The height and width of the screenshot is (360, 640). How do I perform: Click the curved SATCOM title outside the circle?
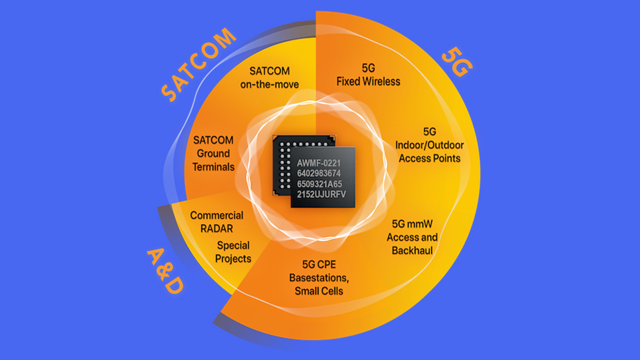tap(197, 65)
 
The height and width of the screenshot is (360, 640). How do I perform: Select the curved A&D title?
tap(165, 271)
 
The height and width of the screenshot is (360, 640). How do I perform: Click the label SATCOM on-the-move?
tap(270, 78)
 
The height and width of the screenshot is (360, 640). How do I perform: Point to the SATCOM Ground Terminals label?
tap(213, 153)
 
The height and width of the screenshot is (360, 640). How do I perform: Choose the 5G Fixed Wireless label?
tap(368, 75)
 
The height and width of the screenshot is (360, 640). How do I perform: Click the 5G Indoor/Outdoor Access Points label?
tap(430, 145)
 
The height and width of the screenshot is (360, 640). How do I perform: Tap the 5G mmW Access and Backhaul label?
tap(412, 237)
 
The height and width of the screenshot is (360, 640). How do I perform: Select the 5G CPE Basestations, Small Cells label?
tap(319, 277)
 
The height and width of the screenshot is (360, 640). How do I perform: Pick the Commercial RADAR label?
tap(217, 222)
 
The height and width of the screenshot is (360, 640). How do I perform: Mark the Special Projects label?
tap(233, 252)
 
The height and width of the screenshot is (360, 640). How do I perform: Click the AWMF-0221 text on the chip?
tap(319, 163)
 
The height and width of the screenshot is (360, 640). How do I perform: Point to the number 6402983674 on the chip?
tap(319, 173)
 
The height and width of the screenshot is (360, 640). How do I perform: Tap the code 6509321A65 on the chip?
tap(320, 184)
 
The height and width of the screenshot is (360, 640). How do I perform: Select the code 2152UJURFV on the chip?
tap(321, 194)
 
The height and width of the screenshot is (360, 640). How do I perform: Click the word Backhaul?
tap(412, 250)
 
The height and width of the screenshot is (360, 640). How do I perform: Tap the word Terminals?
tap(213, 167)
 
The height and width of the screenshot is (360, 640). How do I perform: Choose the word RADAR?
tap(217, 229)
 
